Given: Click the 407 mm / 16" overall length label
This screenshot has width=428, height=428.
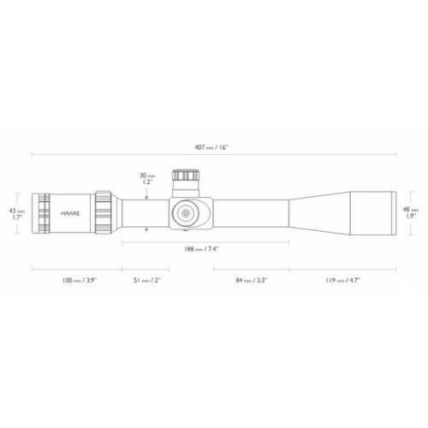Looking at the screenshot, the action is pos(211,147).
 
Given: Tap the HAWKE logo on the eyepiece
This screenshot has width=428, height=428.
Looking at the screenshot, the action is pos(70,213).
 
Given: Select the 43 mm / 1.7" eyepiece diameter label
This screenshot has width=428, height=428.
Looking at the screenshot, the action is pos(17,214).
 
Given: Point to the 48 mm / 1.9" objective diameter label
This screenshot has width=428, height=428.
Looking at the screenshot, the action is pos(410,212).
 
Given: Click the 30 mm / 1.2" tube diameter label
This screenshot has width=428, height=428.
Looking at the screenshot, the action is pos(147,179).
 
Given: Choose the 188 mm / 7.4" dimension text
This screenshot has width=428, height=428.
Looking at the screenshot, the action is pos(201,249).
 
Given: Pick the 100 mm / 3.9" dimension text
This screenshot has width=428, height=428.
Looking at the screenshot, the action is pos(80,280).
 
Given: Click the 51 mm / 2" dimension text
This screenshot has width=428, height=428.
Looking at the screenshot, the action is pos(147,280).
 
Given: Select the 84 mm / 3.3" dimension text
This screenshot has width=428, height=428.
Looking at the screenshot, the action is pos(251,280).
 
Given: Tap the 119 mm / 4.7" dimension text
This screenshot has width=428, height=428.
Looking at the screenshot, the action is pos(343,280).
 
